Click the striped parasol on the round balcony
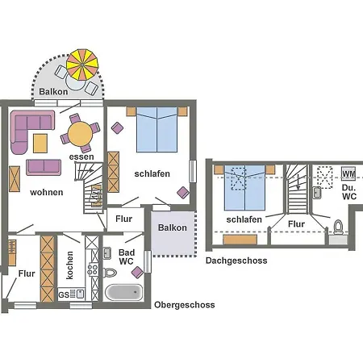(x=82, y=65)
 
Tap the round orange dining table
(x=80, y=134)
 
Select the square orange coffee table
(x=40, y=144)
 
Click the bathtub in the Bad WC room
(x=123, y=292)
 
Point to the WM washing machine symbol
(x=348, y=173)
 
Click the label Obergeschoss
(x=185, y=305)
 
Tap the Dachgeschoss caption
(x=236, y=261)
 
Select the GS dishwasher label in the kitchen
(x=64, y=295)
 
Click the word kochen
(x=69, y=265)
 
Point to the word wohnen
(x=47, y=192)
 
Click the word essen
(x=81, y=156)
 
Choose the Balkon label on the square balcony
(x=173, y=227)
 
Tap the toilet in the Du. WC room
(x=338, y=227)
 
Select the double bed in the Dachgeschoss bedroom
(x=244, y=187)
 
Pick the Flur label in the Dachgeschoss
(x=296, y=224)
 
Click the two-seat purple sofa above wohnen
(x=44, y=167)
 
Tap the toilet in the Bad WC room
(x=110, y=273)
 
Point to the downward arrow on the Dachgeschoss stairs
(x=298, y=181)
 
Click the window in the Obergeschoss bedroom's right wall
(x=193, y=171)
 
